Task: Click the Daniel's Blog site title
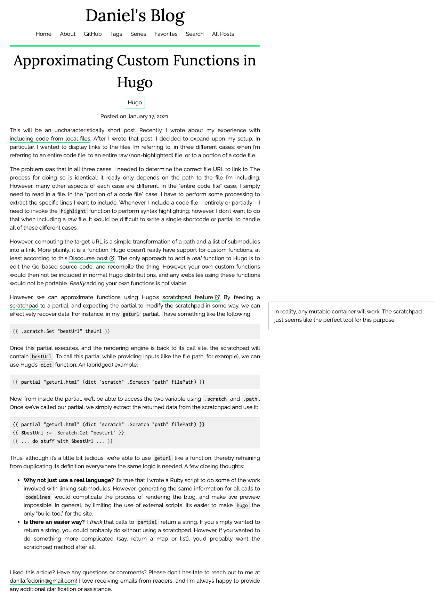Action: click(135, 16)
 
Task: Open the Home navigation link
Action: click(43, 34)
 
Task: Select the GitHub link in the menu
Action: click(92, 34)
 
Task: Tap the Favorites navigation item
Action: click(166, 34)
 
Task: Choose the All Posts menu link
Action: click(223, 34)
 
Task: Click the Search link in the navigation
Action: click(194, 34)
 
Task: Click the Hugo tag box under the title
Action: click(135, 103)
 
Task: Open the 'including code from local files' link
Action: click(50, 139)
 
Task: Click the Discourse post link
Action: click(89, 258)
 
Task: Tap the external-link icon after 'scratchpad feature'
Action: click(217, 297)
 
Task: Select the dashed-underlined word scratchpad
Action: click(24, 306)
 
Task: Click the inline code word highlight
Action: click(73, 211)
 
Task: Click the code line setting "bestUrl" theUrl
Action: click(61, 331)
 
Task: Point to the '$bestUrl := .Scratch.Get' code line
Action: click(68, 433)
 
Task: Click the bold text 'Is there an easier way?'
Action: click(54, 522)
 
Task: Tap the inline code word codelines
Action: click(38, 497)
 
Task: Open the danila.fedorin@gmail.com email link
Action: click(43, 581)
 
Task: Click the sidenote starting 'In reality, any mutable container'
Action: click(351, 316)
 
